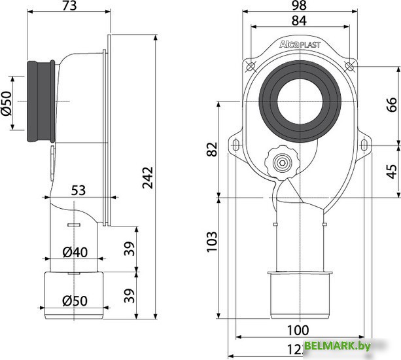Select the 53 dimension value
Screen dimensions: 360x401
tap(78, 190)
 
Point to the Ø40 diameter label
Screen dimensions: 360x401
tap(76, 251)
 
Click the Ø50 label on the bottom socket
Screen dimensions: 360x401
tap(76, 302)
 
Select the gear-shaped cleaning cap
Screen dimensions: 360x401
tap(281, 162)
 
